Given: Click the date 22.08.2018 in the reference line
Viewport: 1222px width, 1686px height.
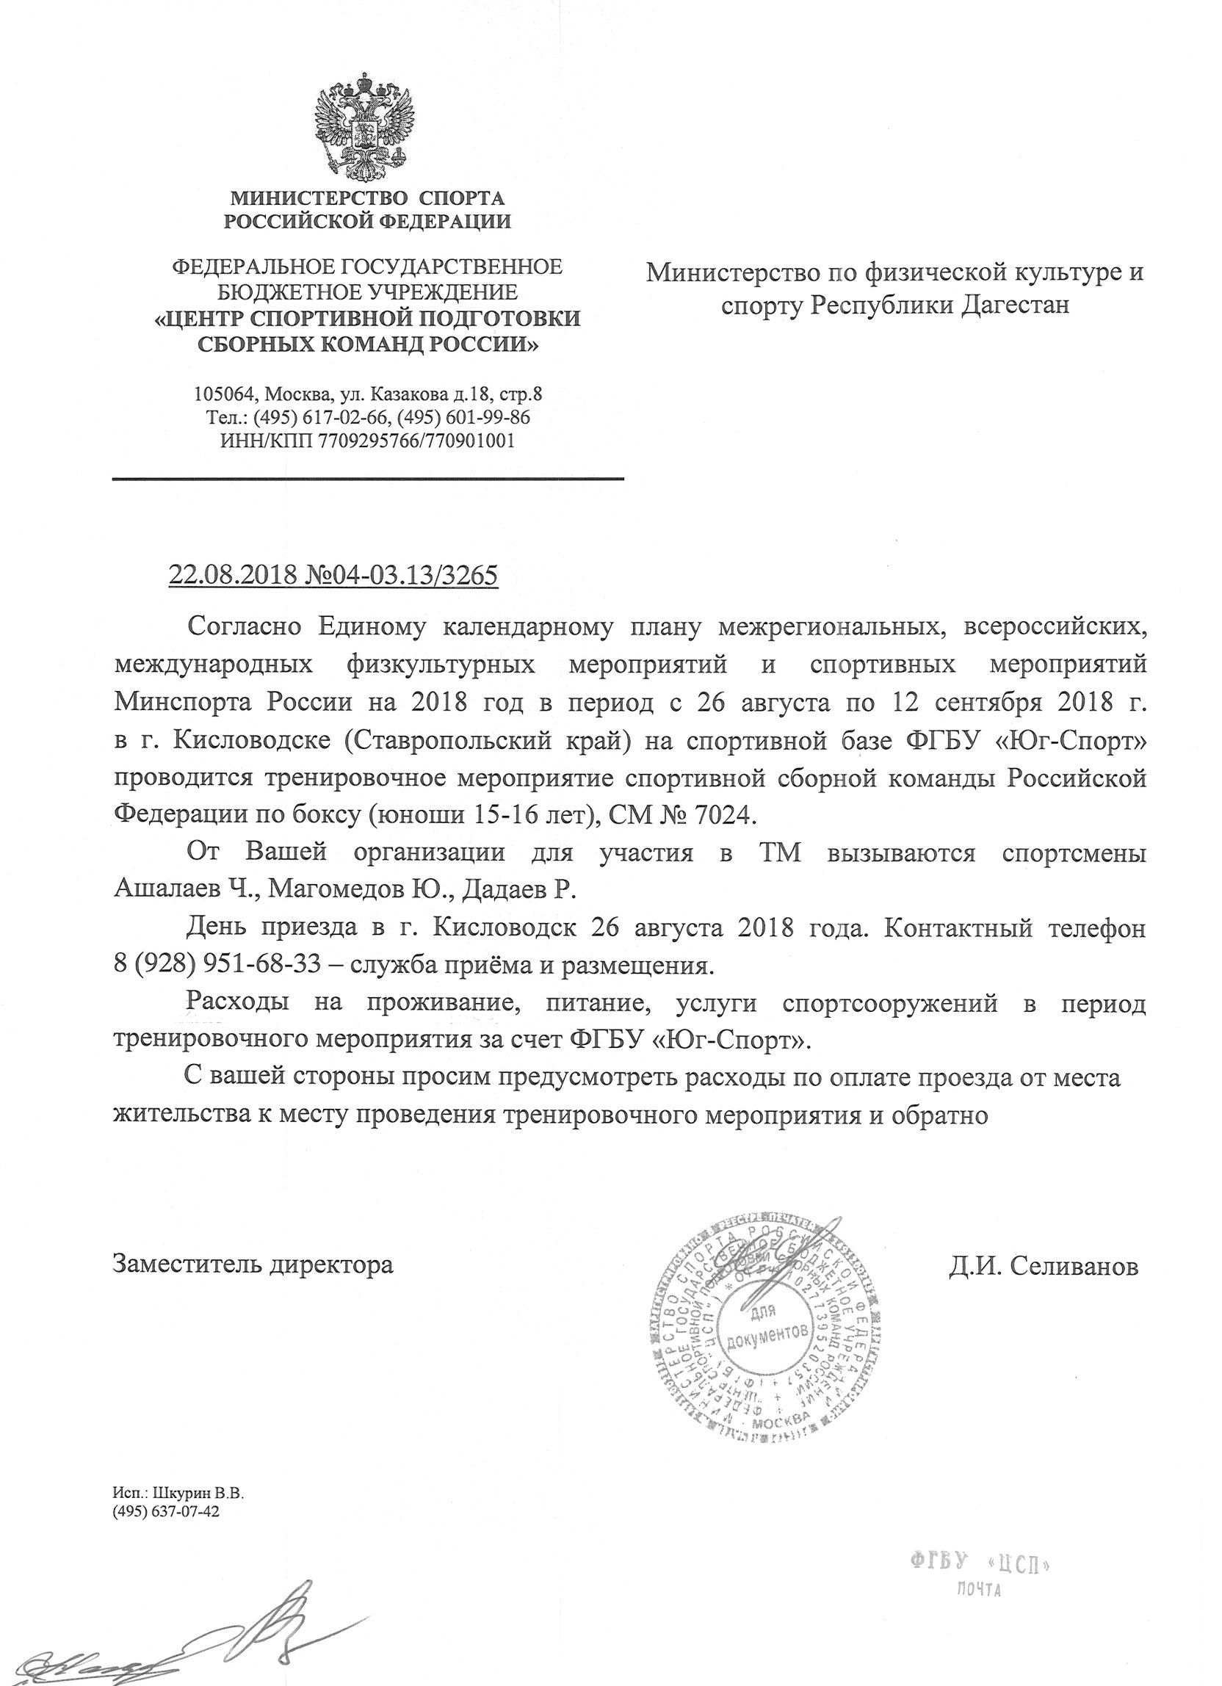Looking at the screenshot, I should point(234,575).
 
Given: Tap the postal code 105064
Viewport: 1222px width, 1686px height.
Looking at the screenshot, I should point(223,394).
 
